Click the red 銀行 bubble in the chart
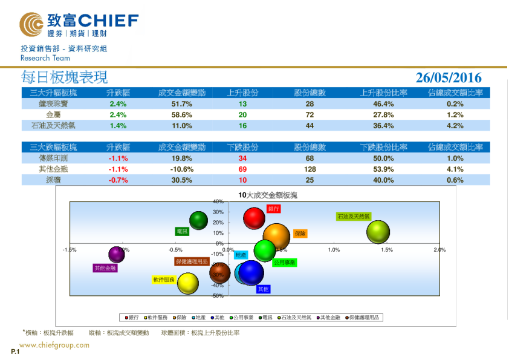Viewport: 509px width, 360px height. click(254, 218)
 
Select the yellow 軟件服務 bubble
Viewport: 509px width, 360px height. click(188, 283)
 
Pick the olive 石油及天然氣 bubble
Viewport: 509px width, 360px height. click(378, 231)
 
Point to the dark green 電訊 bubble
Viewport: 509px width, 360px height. click(198, 221)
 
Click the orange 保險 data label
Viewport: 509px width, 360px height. click(300, 233)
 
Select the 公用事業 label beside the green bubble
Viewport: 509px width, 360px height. click(284, 263)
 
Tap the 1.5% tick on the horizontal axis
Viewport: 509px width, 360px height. click(387, 249)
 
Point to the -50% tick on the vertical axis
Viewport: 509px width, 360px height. click(218, 296)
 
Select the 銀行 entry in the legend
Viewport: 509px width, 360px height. click(132, 317)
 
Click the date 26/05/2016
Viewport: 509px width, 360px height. click(449, 77)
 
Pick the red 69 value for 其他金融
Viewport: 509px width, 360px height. click(242, 169)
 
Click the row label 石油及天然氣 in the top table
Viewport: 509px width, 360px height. click(53, 126)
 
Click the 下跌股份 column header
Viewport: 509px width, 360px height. click(242, 147)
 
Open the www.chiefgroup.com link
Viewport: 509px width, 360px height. click(54, 345)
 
